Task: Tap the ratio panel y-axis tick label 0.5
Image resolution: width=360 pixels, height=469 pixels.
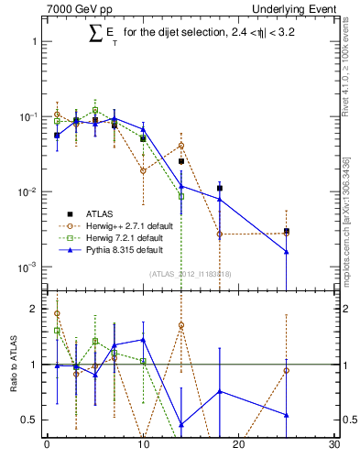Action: (31, 420)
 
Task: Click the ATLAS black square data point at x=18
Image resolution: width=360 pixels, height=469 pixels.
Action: (219, 188)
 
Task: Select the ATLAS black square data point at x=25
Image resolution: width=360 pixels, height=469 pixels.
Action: (287, 231)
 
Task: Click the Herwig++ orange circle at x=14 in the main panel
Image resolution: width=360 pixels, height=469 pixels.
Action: (181, 145)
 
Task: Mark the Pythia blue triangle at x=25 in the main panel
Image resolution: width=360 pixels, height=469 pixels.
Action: (287, 252)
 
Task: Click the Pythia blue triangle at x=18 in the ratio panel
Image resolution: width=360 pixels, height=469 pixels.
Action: (219, 391)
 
